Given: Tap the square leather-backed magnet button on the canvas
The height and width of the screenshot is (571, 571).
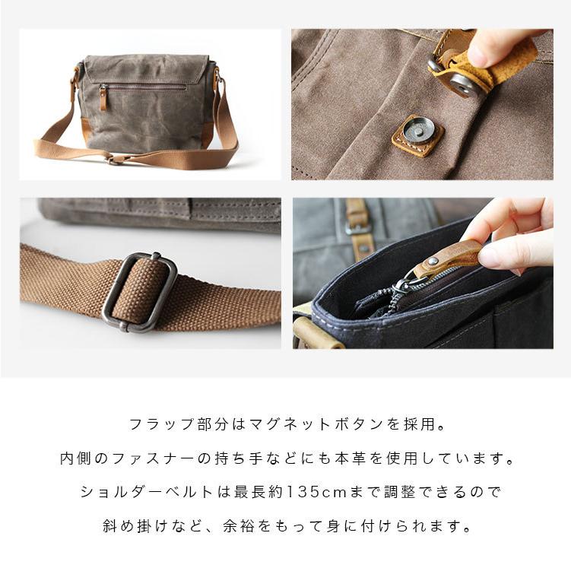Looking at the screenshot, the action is [x=417, y=135].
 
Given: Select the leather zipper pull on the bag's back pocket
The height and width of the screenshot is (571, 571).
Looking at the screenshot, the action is [x=104, y=97].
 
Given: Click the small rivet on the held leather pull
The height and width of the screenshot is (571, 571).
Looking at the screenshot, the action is [x=433, y=261].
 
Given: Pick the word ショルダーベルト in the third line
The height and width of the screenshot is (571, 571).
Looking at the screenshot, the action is [x=147, y=492].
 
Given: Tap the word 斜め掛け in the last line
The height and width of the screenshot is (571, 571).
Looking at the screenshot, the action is [x=135, y=526].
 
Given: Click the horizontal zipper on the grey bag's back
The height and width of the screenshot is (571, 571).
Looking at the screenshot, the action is [x=143, y=87].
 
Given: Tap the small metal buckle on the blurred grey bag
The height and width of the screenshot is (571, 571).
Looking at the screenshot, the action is [x=357, y=227].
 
